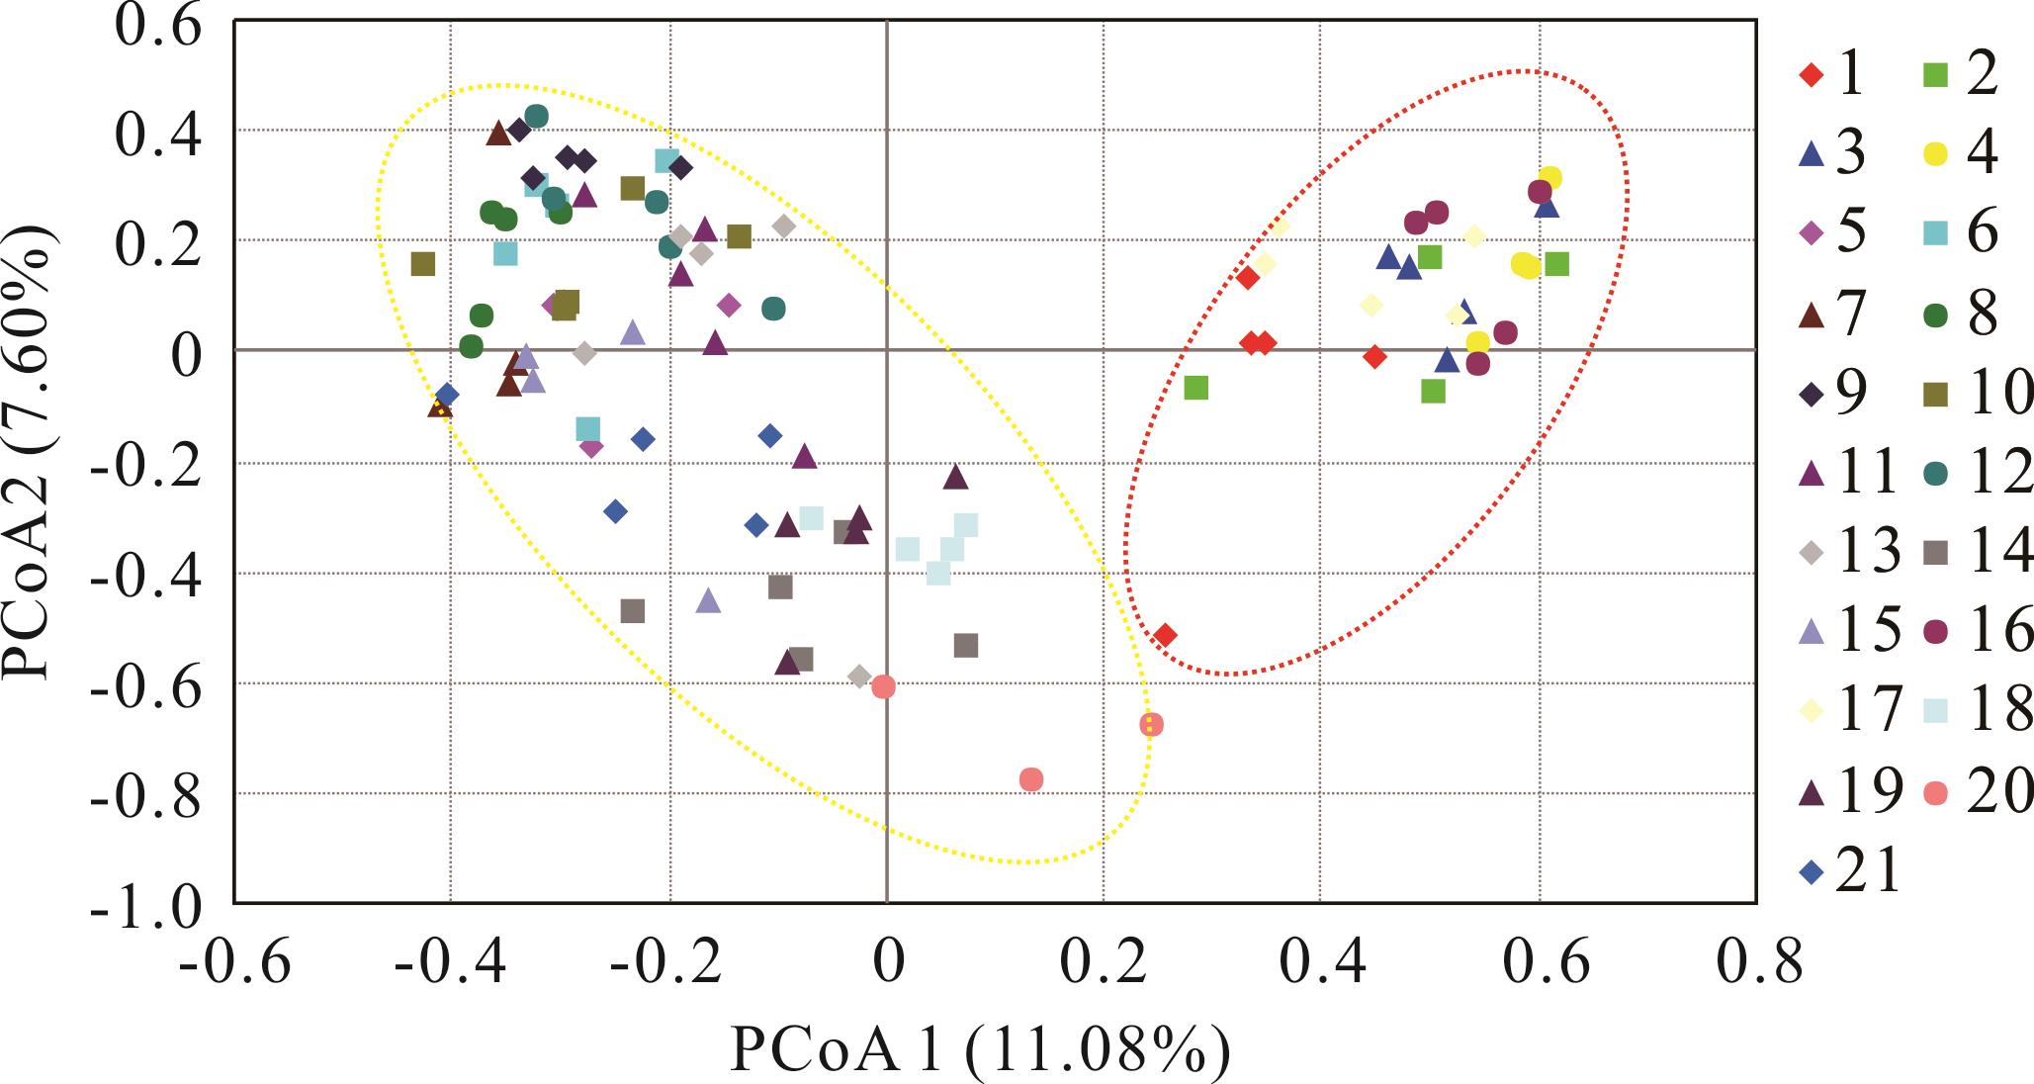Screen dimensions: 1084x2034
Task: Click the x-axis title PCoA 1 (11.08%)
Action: (979, 1049)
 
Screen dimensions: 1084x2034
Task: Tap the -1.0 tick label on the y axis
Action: (144, 904)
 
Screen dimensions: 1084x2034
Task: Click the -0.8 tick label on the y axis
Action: (144, 794)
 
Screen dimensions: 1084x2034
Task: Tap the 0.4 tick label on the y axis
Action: (158, 133)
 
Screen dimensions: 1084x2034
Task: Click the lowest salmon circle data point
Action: (1031, 779)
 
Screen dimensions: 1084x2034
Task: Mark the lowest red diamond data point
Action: (1165, 635)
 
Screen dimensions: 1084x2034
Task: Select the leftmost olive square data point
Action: (423, 264)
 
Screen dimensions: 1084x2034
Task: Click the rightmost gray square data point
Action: (966, 646)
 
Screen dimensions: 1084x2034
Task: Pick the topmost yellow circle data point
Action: (1550, 178)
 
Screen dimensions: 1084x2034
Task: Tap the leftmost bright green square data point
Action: (1195, 388)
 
